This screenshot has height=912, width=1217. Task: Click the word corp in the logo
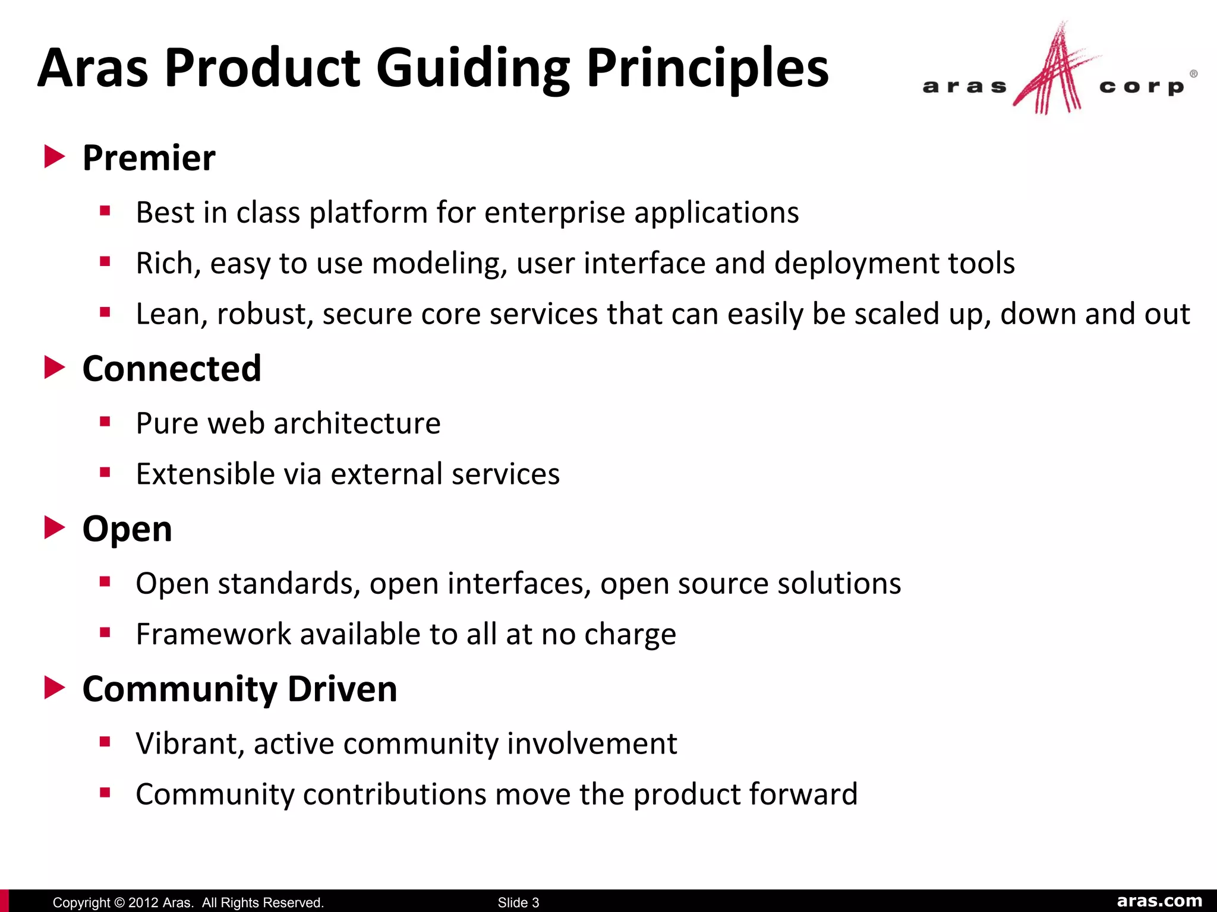(x=1142, y=87)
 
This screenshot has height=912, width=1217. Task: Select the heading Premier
(x=149, y=158)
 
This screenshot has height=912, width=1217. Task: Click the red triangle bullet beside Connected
(x=55, y=368)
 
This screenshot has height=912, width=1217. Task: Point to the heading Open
(x=127, y=528)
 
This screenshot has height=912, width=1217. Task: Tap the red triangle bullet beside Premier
(x=55, y=157)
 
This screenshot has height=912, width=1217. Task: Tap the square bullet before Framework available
(x=106, y=632)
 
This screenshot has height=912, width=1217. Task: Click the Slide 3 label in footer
(x=518, y=902)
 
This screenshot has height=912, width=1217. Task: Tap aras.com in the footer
(x=1159, y=901)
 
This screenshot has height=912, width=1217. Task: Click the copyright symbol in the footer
(x=119, y=902)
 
